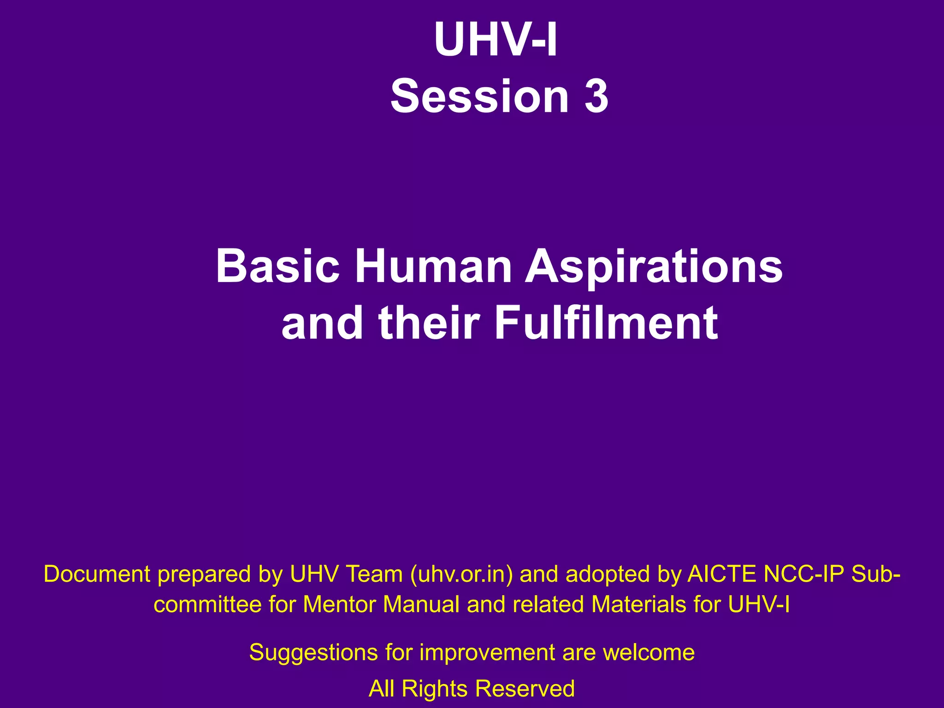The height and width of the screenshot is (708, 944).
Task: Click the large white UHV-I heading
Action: click(496, 41)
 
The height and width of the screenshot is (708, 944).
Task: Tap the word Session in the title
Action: click(479, 96)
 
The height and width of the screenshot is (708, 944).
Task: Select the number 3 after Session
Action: click(596, 96)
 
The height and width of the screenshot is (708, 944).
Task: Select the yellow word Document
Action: click(97, 574)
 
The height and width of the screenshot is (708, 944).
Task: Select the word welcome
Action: click(649, 653)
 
